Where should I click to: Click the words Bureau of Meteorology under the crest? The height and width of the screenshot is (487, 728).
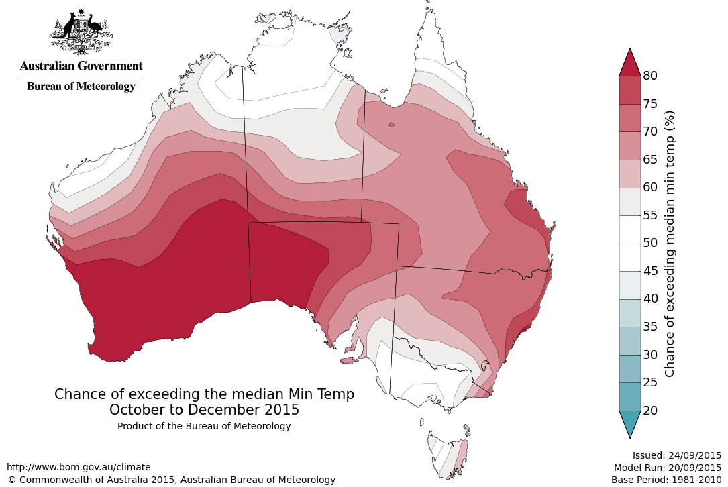pyautogui.click(x=81, y=86)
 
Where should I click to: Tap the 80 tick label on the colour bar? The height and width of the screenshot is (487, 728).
pyautogui.click(x=649, y=76)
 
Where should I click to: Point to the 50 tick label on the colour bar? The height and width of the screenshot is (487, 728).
pyautogui.click(x=649, y=243)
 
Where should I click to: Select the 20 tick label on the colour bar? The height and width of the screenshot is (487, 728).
pyautogui.click(x=649, y=410)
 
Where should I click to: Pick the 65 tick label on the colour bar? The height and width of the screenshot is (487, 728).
pyautogui.click(x=649, y=160)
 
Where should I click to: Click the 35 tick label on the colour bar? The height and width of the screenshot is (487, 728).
pyautogui.click(x=649, y=327)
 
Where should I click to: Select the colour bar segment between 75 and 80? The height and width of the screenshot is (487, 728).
pyautogui.click(x=629, y=90)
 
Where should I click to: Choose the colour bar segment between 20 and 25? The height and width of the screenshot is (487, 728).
pyautogui.click(x=629, y=396)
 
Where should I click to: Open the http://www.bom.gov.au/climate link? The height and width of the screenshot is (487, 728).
pyautogui.click(x=79, y=467)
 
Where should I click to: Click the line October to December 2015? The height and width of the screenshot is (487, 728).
pyautogui.click(x=204, y=409)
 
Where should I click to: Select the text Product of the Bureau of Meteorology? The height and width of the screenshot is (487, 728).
pyautogui.click(x=204, y=426)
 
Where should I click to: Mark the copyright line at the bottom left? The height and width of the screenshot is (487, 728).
pyautogui.click(x=171, y=480)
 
